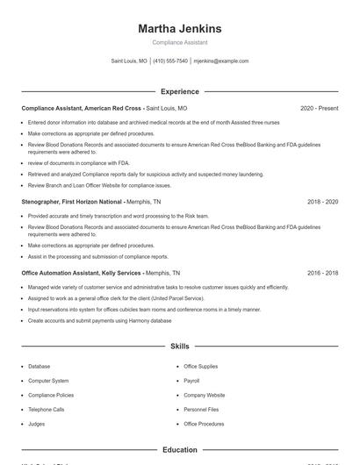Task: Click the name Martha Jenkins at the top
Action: click(x=179, y=28)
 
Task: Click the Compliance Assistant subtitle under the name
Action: click(x=179, y=42)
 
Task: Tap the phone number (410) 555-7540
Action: click(x=170, y=61)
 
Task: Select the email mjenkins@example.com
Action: click(x=220, y=61)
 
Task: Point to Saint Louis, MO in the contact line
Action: click(x=129, y=61)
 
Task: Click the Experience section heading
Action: click(x=179, y=91)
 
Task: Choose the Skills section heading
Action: click(x=179, y=347)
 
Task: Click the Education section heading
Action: click(x=179, y=450)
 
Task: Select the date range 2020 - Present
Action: click(x=319, y=108)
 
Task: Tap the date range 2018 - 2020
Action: click(x=322, y=202)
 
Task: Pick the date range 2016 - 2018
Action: click(x=322, y=273)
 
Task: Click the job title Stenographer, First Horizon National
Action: click(x=72, y=202)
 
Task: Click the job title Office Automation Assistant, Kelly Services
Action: click(x=78, y=273)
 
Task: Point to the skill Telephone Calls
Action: click(x=46, y=410)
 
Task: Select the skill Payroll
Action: click(x=191, y=381)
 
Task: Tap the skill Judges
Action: click(x=36, y=424)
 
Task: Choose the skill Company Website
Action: click(x=204, y=395)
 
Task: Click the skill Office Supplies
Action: click(x=200, y=366)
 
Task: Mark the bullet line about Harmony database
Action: click(x=99, y=321)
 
